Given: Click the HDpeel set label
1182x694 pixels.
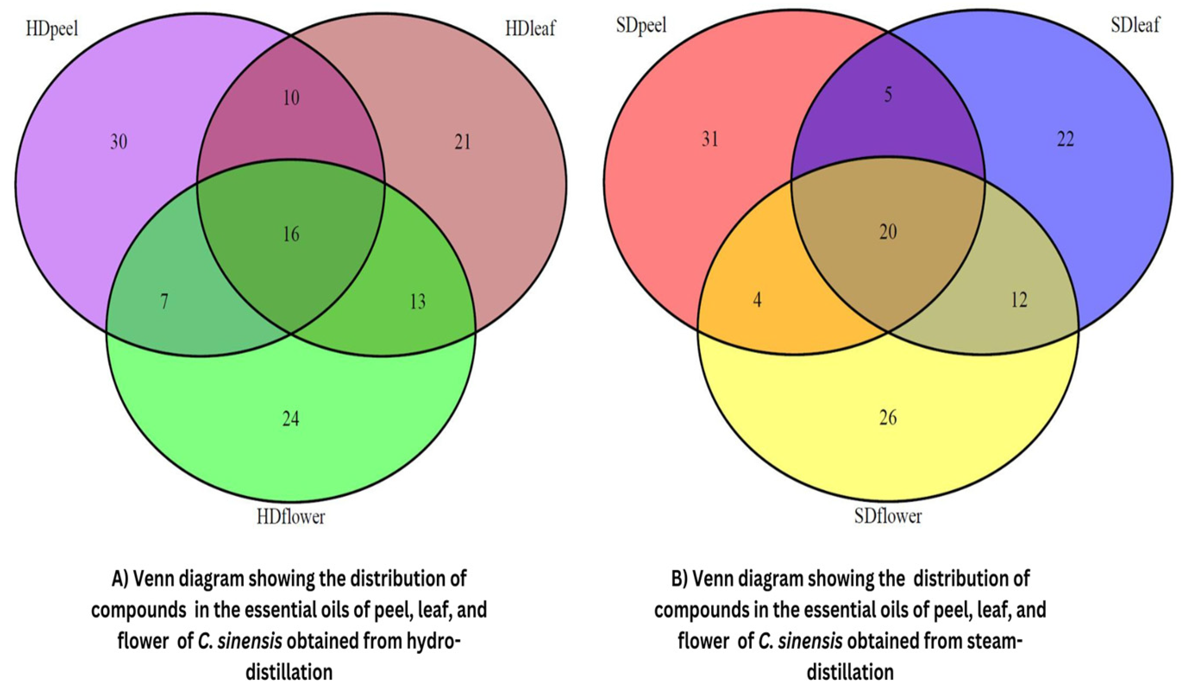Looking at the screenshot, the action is click(52, 29).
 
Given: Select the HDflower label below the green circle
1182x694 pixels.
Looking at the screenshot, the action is click(291, 517).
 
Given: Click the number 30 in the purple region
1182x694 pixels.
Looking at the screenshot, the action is click(119, 142).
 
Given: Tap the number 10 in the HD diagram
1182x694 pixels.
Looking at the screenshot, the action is click(291, 98).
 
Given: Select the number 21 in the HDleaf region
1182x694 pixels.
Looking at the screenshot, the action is click(462, 142).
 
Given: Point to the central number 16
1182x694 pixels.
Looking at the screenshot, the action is click(291, 234).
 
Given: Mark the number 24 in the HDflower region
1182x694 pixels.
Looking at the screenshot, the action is click(291, 419).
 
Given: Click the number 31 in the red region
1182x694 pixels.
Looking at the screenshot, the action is click(710, 139).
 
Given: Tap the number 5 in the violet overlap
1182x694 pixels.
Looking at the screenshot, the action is click(888, 95).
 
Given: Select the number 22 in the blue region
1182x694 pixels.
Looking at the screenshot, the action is click(1065, 139).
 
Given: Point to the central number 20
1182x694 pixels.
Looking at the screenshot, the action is click(888, 231).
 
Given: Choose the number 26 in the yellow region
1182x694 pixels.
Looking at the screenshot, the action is click(888, 417).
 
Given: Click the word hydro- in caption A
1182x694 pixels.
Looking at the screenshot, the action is click(429, 641).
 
